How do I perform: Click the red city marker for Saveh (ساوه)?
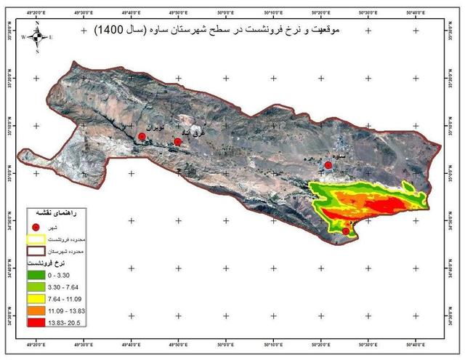(328, 165)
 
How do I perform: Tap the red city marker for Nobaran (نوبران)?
(142, 137)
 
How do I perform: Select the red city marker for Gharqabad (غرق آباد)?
(177, 142)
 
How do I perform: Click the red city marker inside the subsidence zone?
(346, 231)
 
